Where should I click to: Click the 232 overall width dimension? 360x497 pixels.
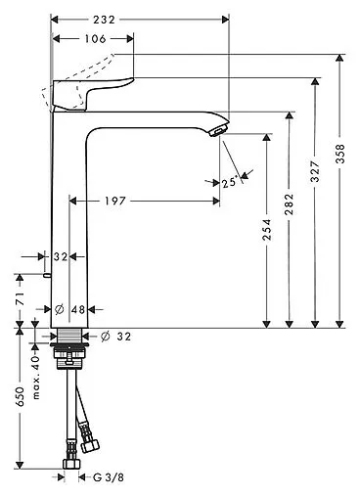click(138, 19)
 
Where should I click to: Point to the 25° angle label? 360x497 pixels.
click(229, 181)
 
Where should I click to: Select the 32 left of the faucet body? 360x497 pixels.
click(60, 257)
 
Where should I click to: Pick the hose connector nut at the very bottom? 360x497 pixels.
click(72, 463)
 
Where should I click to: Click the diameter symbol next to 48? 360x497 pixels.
click(60, 309)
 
